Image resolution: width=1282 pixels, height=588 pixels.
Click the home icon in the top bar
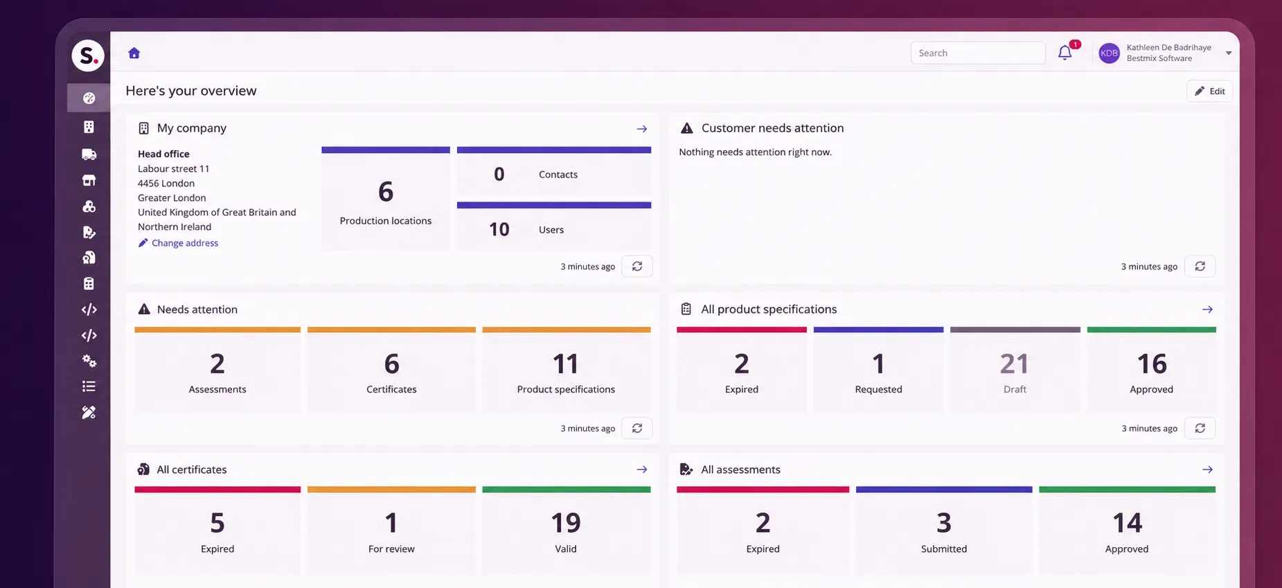click(134, 53)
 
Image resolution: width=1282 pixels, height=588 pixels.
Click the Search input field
click(978, 53)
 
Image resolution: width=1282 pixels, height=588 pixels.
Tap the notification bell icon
click(1065, 53)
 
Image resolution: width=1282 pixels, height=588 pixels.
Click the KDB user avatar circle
click(1109, 53)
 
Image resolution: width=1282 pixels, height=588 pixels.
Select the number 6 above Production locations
click(386, 192)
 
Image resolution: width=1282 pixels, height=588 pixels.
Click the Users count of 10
click(499, 229)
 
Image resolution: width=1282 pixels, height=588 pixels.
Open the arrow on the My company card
click(642, 129)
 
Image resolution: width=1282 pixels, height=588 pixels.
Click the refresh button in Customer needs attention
click(1200, 266)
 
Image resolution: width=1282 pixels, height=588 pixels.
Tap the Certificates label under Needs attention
click(391, 389)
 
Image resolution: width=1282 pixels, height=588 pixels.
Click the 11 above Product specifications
click(565, 364)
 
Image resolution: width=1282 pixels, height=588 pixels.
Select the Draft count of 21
click(1014, 364)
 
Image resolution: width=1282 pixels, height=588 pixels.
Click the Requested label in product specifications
click(878, 389)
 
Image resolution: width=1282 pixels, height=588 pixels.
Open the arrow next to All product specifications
click(1207, 310)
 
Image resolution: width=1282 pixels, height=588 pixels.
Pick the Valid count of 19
click(566, 523)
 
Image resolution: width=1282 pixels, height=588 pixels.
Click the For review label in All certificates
click(391, 549)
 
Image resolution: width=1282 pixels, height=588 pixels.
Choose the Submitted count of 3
click(944, 523)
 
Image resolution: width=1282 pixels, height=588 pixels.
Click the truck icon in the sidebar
click(89, 154)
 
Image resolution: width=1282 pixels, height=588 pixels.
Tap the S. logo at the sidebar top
click(88, 55)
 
